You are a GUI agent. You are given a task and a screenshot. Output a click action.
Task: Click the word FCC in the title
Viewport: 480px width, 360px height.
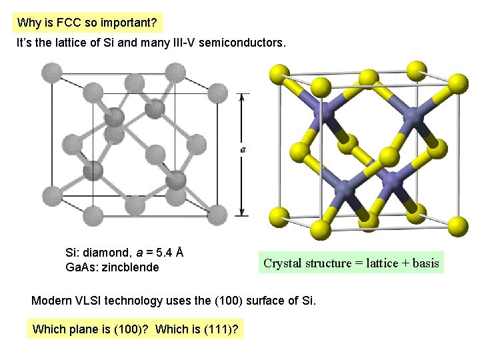pyautogui.click(x=69, y=23)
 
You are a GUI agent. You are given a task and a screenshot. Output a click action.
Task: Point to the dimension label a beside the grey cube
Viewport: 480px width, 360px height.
pyautogui.click(x=243, y=149)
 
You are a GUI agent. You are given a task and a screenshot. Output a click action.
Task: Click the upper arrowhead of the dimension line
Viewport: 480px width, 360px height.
pyautogui.click(x=243, y=95)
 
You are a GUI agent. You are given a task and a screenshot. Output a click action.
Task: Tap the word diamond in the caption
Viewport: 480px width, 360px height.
pyautogui.click(x=107, y=253)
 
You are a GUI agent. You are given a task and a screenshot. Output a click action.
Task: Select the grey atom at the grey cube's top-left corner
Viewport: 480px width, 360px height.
pyautogui.click(x=51, y=71)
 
